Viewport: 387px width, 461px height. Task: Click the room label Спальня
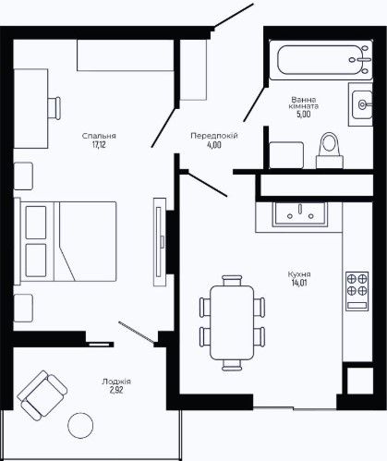click(99, 136)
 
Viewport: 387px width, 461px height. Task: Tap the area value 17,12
click(99, 145)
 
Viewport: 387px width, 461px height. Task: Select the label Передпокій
click(214, 136)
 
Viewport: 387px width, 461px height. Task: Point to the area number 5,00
click(304, 115)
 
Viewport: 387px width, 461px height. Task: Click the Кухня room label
click(299, 274)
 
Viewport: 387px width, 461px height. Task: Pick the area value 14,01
click(299, 283)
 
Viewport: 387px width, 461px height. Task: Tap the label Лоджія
click(116, 382)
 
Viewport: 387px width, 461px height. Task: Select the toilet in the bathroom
click(330, 151)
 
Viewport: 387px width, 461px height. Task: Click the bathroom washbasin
click(362, 104)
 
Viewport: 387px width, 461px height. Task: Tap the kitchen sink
click(299, 214)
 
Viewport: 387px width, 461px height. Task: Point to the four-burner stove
click(357, 291)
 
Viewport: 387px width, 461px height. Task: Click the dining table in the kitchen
click(232, 322)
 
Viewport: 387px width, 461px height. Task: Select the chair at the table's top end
click(232, 280)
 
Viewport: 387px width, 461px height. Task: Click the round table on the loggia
click(80, 425)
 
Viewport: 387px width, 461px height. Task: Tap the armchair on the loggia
click(42, 395)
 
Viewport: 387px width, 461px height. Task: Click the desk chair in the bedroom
click(54, 108)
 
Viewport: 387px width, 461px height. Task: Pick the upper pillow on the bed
click(36, 223)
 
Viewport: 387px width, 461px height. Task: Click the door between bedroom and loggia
click(136, 332)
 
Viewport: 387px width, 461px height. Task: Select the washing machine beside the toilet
click(286, 155)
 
